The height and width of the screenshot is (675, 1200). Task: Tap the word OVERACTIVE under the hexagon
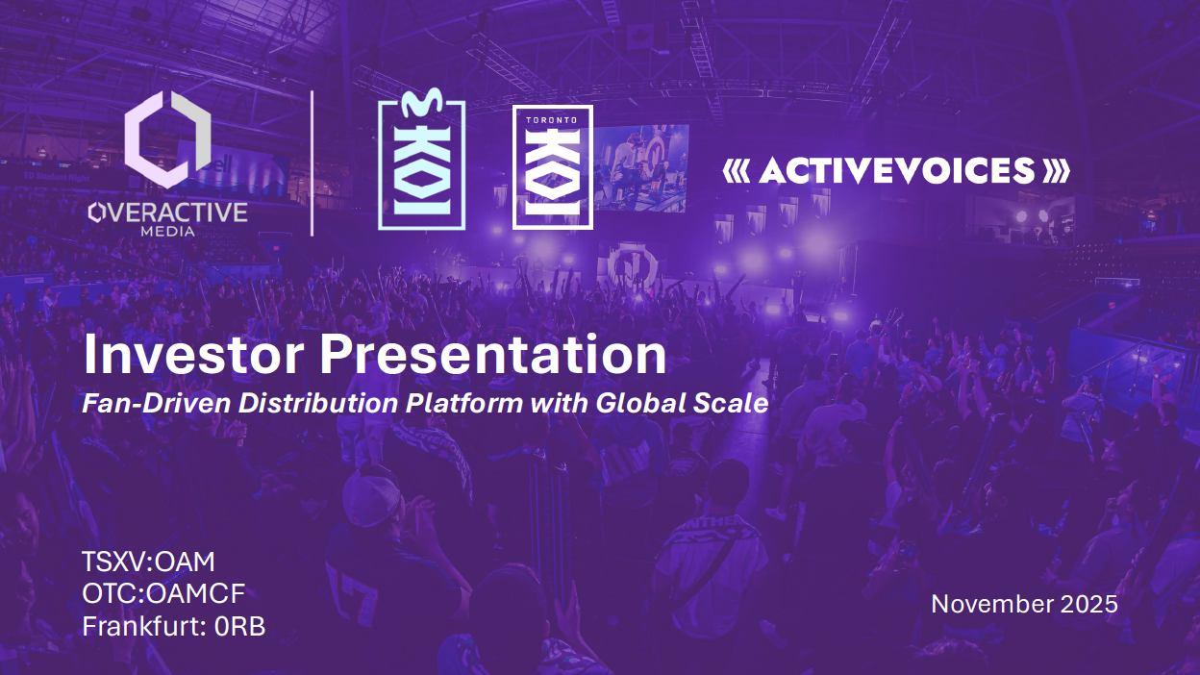pyautogui.click(x=167, y=212)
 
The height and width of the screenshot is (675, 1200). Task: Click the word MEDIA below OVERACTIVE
pyautogui.click(x=167, y=232)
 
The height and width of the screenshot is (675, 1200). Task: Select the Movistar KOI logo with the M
pyautogui.click(x=421, y=161)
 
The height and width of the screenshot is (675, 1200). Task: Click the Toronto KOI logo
pyautogui.click(x=552, y=167)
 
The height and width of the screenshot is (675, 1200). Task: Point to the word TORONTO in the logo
pyautogui.click(x=552, y=120)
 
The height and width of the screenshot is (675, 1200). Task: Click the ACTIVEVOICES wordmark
pyautogui.click(x=896, y=170)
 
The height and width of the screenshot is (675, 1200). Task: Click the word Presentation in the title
pyautogui.click(x=493, y=354)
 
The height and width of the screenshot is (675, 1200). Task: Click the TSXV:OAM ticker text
pyautogui.click(x=148, y=562)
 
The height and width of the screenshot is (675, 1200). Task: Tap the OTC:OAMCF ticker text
pyautogui.click(x=163, y=593)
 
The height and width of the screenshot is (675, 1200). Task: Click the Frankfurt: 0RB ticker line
pyautogui.click(x=174, y=626)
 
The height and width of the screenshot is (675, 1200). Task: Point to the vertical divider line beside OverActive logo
pyautogui.click(x=312, y=163)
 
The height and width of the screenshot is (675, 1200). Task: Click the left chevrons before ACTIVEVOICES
pyautogui.click(x=737, y=171)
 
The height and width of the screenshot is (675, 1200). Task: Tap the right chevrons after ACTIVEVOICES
pyautogui.click(x=1057, y=171)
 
